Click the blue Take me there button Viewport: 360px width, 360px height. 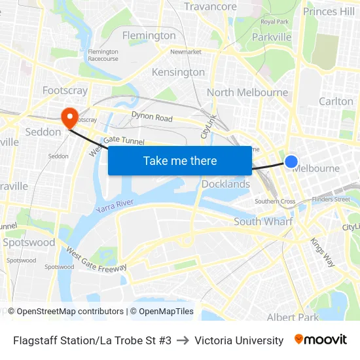coord(180,160)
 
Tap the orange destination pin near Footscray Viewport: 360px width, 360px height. coord(69,117)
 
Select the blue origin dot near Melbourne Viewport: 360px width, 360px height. coord(291,161)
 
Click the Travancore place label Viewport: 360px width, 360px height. coord(210,7)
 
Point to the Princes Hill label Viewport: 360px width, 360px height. coord(329,11)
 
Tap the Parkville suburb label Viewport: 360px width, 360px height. coord(272,37)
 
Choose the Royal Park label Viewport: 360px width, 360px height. coord(274,22)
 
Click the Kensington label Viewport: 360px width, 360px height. coord(178,72)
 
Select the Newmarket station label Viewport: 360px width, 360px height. coord(185,52)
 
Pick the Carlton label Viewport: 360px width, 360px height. coord(336,101)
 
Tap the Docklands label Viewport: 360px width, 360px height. coord(226,184)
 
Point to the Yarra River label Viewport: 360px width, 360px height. coord(115,206)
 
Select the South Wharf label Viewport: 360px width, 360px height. coord(262,222)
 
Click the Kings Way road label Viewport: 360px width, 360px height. coord(323,252)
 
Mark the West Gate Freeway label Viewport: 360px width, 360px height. coord(96,259)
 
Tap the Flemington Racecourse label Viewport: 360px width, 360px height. coord(103,55)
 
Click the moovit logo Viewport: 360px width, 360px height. coord(320,340)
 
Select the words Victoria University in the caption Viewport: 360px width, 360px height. coord(239,340)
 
